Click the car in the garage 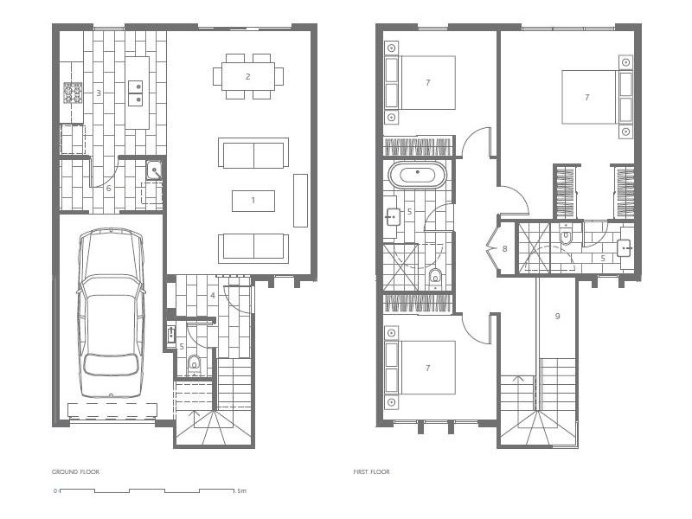tap(110, 315)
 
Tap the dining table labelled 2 tap(247, 76)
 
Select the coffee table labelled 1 tap(253, 200)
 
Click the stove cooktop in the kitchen tap(73, 92)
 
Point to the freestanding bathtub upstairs tap(419, 174)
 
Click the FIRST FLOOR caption tap(372, 472)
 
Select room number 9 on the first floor tap(557, 316)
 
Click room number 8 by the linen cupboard tap(504, 249)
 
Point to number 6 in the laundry tap(108, 188)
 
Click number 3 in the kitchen tap(99, 92)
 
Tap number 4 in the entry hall tap(212, 296)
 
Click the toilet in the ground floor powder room tap(194, 363)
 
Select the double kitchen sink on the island tap(136, 93)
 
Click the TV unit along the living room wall tap(300, 200)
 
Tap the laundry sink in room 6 tap(153, 170)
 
